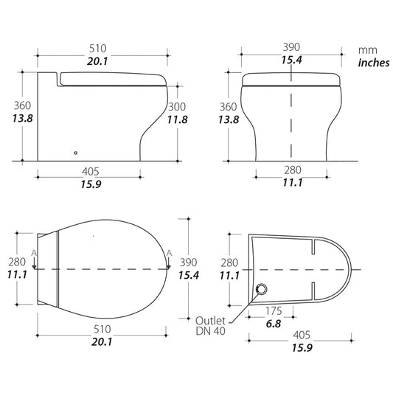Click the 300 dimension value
[x=177, y=107]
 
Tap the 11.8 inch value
[x=178, y=119]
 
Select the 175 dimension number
[x=274, y=311]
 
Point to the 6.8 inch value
[x=274, y=324]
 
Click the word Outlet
[x=210, y=321]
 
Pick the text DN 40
[x=210, y=331]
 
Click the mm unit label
[x=367, y=50]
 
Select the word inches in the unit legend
[x=374, y=63]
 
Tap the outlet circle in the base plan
[x=262, y=289]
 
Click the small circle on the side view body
[x=75, y=153]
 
